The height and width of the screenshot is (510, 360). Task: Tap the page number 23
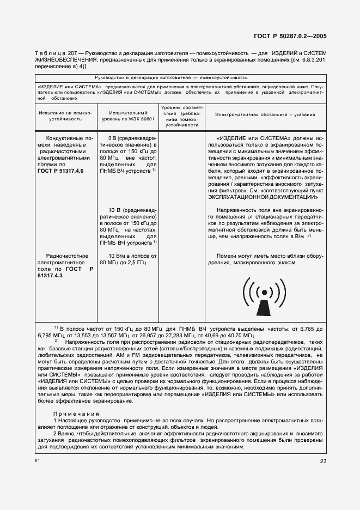click(324, 462)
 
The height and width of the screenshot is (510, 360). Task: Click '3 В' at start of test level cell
click(113, 138)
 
